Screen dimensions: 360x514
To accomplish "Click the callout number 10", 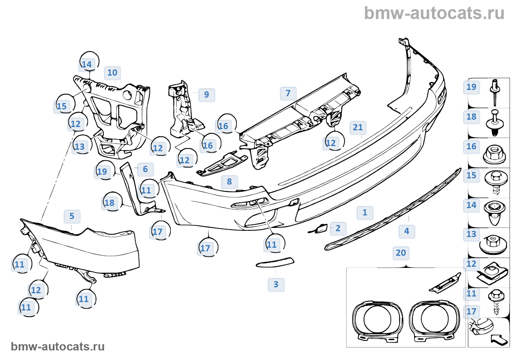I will (x=112, y=73).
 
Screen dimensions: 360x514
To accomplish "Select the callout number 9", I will (x=207, y=95).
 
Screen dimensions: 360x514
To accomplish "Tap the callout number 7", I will (x=288, y=93).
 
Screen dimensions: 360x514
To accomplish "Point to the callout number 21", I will (x=358, y=127).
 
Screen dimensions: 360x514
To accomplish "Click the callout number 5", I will (x=72, y=216).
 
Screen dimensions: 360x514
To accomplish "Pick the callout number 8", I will (x=145, y=169).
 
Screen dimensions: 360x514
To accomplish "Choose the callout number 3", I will (x=276, y=284).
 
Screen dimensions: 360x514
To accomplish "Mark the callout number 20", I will (x=401, y=253).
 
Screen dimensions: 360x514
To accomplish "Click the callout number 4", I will (x=407, y=231).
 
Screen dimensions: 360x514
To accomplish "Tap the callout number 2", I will (x=338, y=228).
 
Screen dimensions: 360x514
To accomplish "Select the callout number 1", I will (x=365, y=212).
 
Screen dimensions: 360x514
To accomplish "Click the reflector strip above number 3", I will (x=275, y=263).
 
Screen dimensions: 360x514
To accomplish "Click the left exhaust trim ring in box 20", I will (x=377, y=319).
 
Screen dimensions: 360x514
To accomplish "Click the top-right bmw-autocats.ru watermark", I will (x=434, y=14).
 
